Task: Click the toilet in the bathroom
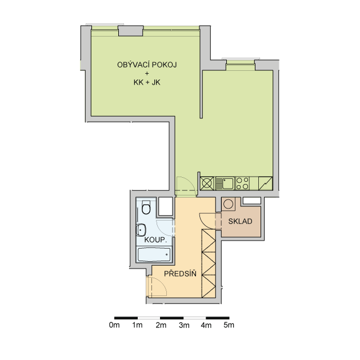(146, 207)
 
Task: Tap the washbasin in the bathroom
(141, 230)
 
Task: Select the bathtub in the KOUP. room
(154, 255)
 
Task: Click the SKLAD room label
(240, 221)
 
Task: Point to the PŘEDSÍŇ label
(180, 273)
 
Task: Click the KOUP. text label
(155, 240)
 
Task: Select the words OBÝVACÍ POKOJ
(147, 65)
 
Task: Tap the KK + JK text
(147, 82)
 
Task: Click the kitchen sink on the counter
(225, 183)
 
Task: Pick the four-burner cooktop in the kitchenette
(242, 183)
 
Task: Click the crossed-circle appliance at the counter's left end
(207, 183)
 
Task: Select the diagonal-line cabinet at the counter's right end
(265, 183)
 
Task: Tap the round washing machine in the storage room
(228, 204)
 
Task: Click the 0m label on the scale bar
(114, 325)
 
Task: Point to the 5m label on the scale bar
(229, 325)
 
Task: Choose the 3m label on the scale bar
(184, 325)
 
